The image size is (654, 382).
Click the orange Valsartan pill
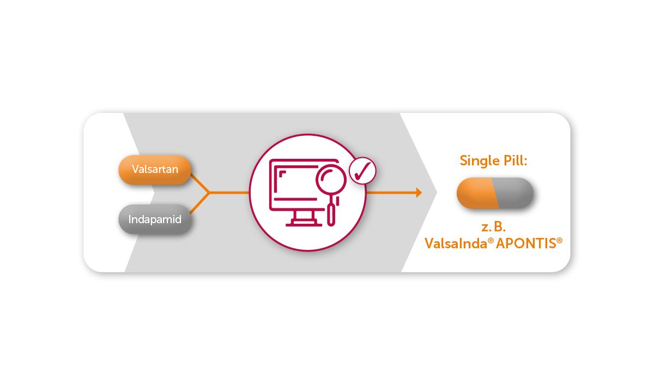coord(155,170)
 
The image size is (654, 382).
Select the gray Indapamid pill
coord(155,219)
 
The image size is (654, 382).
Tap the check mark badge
coord(362,171)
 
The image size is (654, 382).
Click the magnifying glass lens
coord(331,179)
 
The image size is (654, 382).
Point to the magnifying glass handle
coord(331,214)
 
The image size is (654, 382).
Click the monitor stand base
coord(304,224)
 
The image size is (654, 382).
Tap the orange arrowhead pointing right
coord(419,193)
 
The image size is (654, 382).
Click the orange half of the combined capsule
coord(477,193)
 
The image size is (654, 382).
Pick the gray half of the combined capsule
coord(513,193)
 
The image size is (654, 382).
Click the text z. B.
coord(493,227)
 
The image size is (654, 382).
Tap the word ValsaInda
coord(456,243)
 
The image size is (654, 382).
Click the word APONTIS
coord(526,243)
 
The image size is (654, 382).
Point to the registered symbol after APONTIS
coord(559,241)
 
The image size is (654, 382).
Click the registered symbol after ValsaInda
coord(491,241)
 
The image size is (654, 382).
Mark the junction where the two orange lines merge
coord(209,193)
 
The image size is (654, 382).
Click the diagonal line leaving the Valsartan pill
coord(199,183)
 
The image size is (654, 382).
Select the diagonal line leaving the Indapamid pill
coord(199,203)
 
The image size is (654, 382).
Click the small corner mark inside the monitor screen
coord(282,174)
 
